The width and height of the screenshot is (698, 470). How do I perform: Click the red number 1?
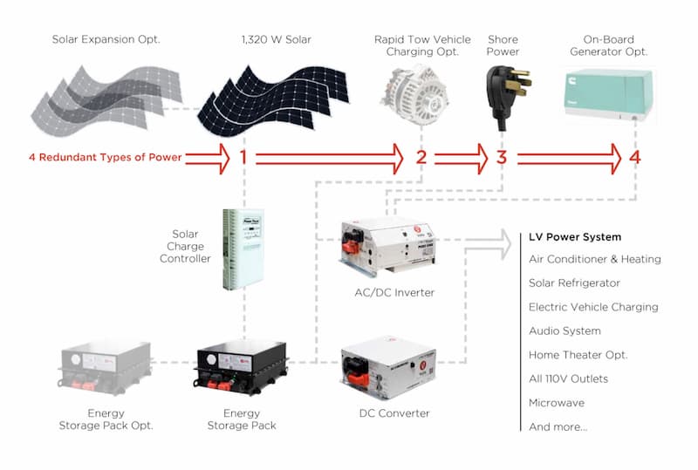[x=243, y=158]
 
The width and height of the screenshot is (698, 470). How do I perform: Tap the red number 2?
[x=421, y=158]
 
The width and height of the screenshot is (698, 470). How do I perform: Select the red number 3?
[x=501, y=158]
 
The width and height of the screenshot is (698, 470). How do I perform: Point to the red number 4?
[x=634, y=158]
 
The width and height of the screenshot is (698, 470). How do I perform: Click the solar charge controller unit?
[x=241, y=249]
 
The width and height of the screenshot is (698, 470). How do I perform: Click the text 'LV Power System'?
[x=575, y=236]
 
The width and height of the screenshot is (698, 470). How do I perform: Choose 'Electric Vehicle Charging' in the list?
[x=593, y=307]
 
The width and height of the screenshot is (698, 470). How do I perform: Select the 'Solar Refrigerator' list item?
[x=574, y=283]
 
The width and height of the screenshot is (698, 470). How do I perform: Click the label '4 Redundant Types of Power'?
[x=104, y=158]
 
